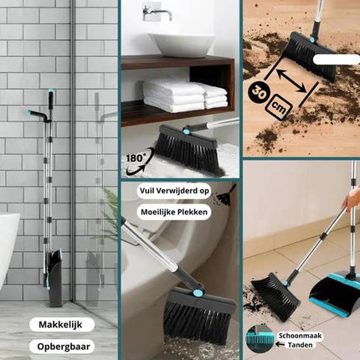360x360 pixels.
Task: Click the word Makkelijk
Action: [60, 325]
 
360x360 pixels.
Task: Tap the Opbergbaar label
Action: [64, 347]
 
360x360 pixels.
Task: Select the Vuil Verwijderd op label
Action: [174, 191]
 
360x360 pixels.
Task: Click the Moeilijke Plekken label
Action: [174, 212]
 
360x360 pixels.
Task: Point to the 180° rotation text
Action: [135, 158]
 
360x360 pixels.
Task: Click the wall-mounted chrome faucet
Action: [157, 11]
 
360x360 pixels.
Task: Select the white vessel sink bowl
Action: [182, 44]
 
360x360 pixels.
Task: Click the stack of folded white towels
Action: [185, 95]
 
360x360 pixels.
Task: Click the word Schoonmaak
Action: [300, 336]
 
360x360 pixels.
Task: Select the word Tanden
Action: [300, 345]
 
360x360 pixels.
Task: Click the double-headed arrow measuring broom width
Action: [291, 80]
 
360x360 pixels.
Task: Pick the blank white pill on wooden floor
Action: [337, 59]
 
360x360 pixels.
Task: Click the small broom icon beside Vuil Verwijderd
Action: [226, 195]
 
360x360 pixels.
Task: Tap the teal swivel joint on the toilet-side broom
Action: [198, 293]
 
